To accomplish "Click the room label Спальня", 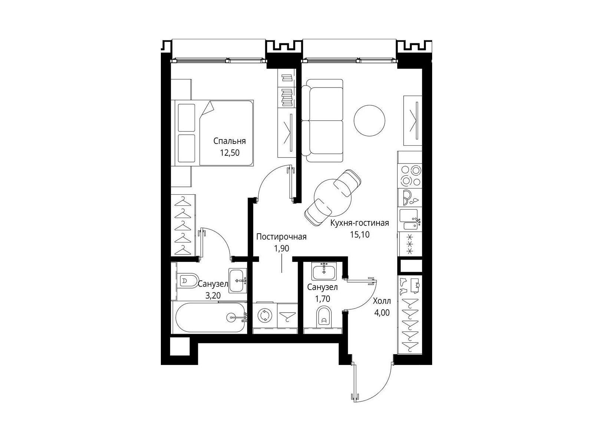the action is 229,141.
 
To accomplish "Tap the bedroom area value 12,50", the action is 230,153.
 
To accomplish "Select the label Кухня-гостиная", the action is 360,223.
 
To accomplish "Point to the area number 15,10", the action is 360,234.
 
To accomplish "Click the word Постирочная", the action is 281,237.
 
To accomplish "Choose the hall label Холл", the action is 382,301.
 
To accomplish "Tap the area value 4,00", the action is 382,313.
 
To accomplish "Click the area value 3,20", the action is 213,296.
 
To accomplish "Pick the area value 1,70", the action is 322,299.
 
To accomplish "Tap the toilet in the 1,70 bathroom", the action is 324,316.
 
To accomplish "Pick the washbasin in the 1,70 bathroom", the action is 324,272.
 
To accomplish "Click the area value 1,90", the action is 282,248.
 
